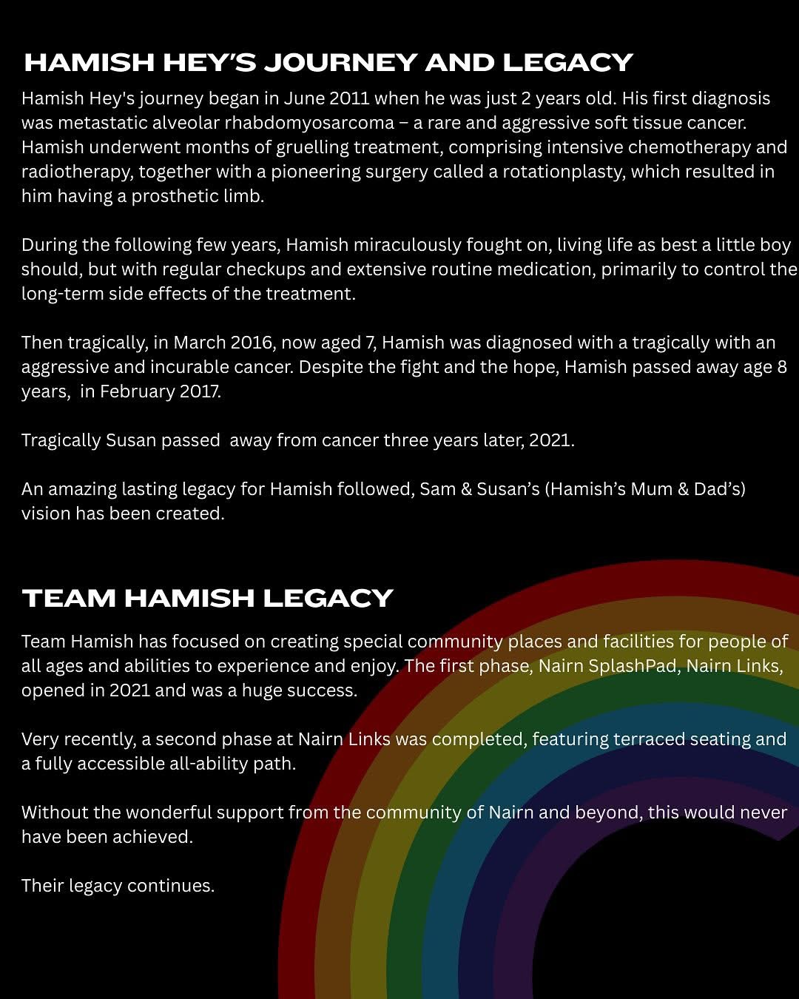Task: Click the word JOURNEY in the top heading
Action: click(x=340, y=63)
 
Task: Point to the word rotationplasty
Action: click(x=563, y=172)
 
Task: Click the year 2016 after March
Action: click(x=251, y=343)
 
